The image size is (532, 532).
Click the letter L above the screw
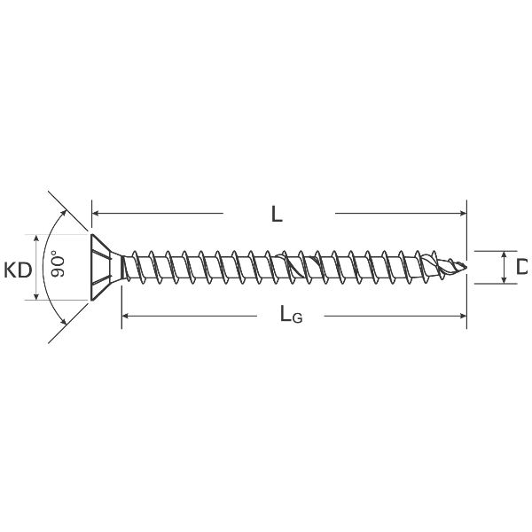277,215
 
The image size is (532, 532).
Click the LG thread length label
290,315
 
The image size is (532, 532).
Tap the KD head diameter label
17,269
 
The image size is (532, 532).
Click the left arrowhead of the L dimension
97,214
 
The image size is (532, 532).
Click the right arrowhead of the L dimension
462,214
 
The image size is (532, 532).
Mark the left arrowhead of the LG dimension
126,315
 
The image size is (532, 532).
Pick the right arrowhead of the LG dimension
462,315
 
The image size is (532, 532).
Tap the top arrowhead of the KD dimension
36,239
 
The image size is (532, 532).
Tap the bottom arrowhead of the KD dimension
36,295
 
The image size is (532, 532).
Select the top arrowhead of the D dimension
505,254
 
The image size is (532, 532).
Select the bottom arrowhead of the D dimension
505,279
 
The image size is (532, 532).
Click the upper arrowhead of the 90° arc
64,213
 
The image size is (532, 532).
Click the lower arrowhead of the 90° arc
64,322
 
